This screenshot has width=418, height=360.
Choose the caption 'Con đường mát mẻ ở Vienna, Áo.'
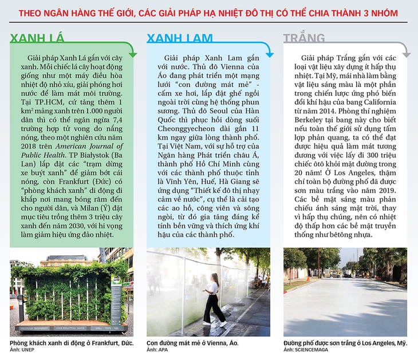pyautogui.click(x=192, y=343)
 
